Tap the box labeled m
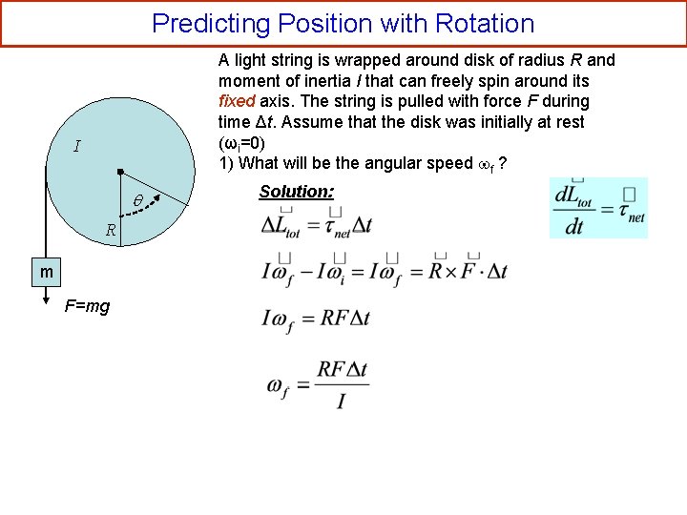pos(46,273)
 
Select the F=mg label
pos(86,306)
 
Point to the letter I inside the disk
pos(76,147)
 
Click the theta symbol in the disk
pos(137,201)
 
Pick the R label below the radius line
pos(111,230)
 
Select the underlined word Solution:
pos(296,192)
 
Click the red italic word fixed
pos(238,101)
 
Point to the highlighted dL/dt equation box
pos(598,208)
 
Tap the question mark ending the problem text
pos(503,163)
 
